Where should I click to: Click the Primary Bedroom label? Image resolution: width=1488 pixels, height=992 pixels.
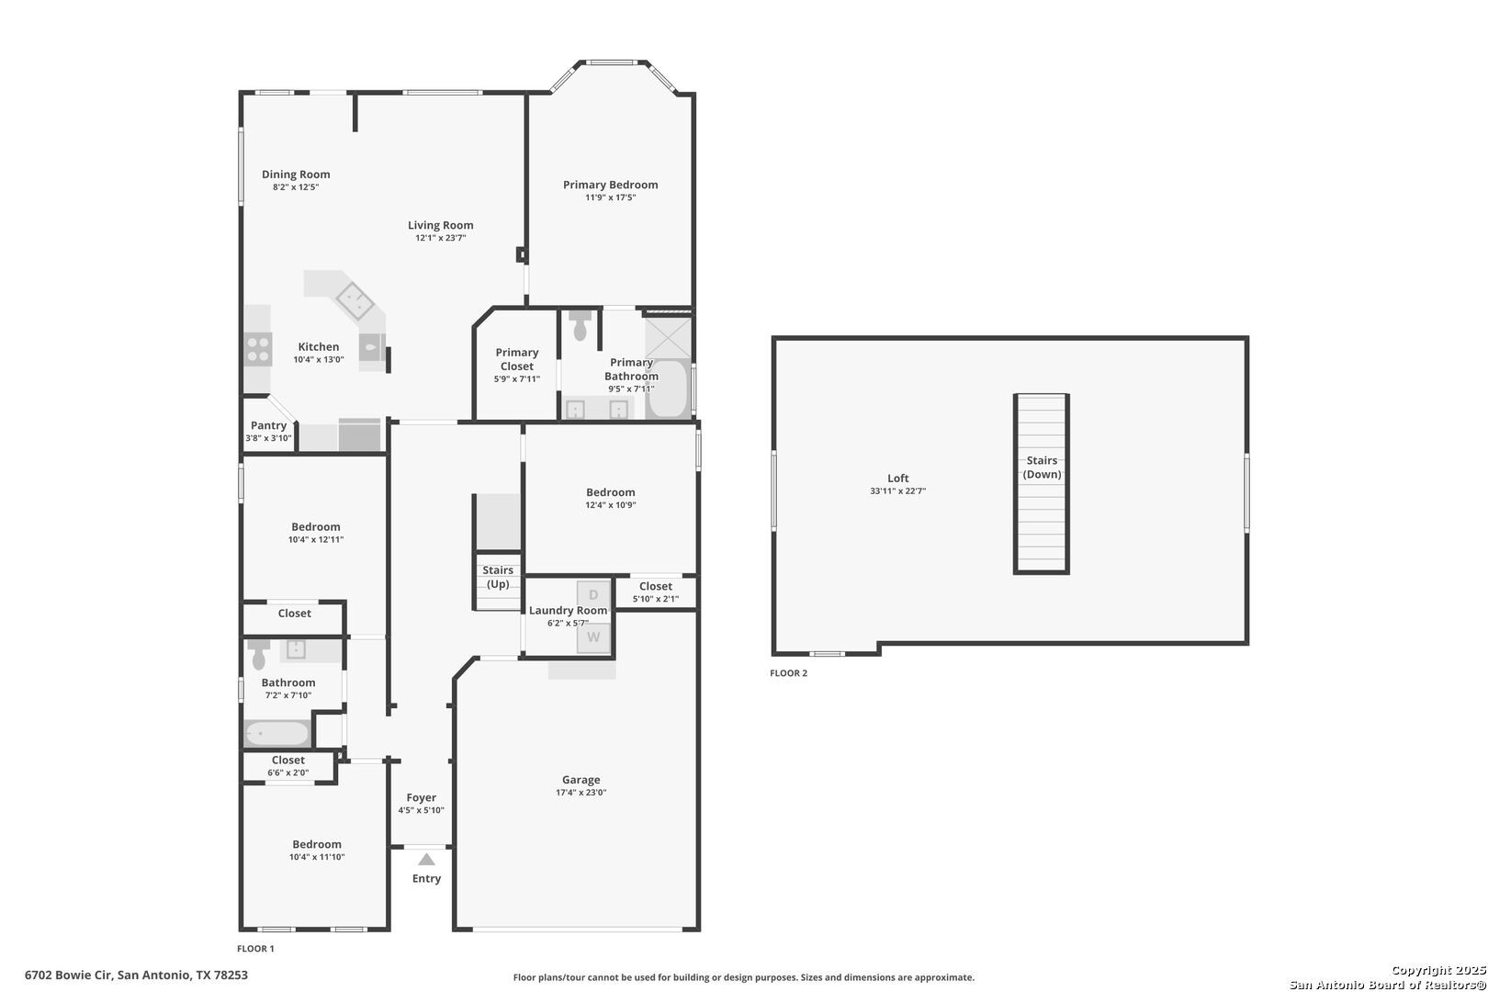click(611, 185)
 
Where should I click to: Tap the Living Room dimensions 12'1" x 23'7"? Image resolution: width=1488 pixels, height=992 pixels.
click(440, 238)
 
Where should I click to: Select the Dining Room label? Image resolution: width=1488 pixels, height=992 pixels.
click(296, 175)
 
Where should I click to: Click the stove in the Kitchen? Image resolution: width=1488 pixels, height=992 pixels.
click(258, 349)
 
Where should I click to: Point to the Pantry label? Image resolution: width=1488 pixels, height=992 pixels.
click(268, 425)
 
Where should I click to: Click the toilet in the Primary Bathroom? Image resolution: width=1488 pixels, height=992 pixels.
click(580, 324)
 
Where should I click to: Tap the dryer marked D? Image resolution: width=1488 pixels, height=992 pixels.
click(593, 594)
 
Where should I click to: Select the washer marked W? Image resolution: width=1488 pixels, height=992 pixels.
click(593, 637)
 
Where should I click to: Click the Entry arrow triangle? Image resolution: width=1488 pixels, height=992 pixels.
click(426, 860)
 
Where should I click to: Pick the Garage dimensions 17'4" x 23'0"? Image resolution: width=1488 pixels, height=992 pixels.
click(581, 792)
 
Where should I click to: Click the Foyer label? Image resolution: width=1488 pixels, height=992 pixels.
click(422, 797)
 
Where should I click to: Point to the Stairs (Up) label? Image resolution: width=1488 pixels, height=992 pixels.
click(498, 577)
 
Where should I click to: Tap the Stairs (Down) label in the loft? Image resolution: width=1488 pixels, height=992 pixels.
click(1042, 468)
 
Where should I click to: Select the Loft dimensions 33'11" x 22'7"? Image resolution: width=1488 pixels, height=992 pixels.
click(898, 491)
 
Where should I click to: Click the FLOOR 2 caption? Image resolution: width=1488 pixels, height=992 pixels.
click(788, 673)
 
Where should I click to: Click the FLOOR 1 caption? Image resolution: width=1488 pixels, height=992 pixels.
click(255, 949)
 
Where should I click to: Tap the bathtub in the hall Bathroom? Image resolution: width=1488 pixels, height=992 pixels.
click(277, 734)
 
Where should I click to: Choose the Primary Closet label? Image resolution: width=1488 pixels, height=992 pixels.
click(517, 359)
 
